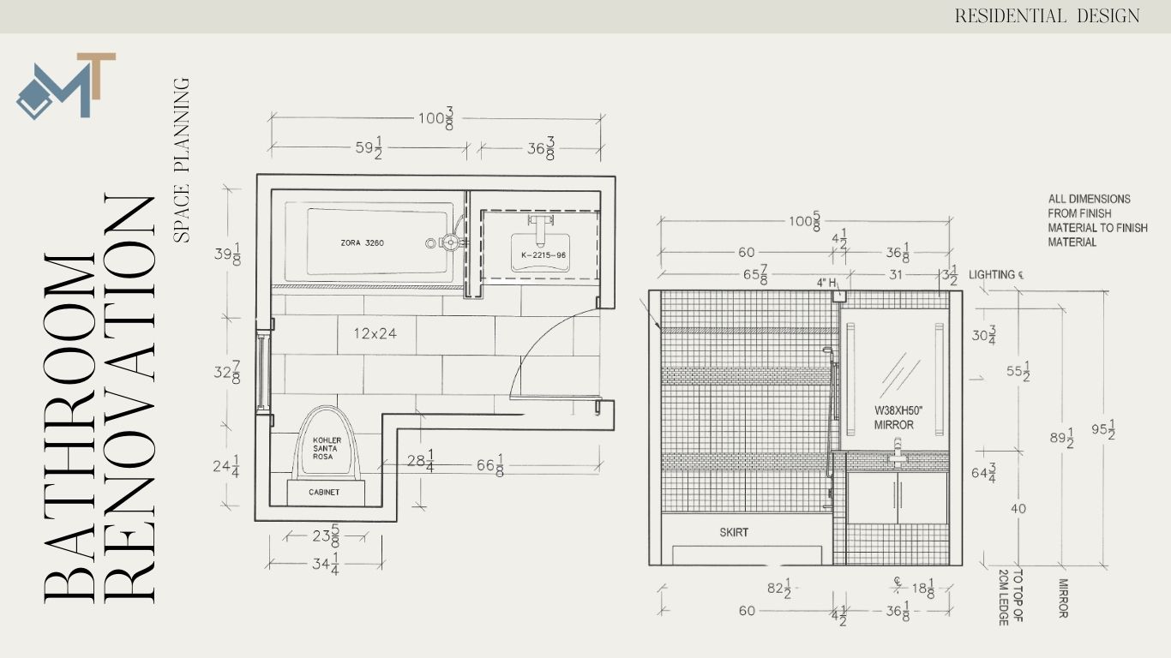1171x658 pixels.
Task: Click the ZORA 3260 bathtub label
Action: tap(363, 243)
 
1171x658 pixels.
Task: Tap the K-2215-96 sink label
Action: tap(543, 255)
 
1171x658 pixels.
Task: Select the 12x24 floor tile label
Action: tap(375, 333)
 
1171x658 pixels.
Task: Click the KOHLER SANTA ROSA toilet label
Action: tap(327, 448)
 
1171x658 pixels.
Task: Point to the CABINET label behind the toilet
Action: tap(324, 493)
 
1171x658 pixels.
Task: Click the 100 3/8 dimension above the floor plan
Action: tap(435, 118)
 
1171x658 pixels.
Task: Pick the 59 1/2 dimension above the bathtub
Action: tap(369, 148)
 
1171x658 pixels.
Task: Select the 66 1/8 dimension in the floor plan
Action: tap(490, 465)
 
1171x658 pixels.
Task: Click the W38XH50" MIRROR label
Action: tap(898, 418)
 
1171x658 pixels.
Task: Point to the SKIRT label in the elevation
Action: tap(734, 533)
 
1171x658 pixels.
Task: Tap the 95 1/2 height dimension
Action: tap(1103, 429)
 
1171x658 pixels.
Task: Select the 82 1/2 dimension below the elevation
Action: tap(779, 589)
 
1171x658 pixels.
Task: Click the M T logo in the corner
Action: tap(66, 86)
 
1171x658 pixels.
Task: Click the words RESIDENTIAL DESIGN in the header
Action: tap(1047, 16)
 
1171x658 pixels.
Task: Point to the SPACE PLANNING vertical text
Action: tap(182, 160)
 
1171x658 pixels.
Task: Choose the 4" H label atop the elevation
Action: tap(826, 283)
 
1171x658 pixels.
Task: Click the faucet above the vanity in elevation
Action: tap(898, 452)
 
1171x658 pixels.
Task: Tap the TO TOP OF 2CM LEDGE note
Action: tap(1011, 597)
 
